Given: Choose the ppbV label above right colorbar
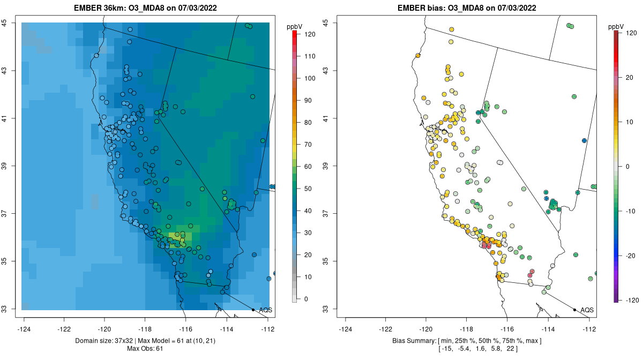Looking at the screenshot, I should tap(617, 26).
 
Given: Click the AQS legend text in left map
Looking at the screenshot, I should tap(265, 310).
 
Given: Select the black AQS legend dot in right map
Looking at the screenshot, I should tap(574, 310).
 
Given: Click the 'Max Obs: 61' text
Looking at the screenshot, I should tap(145, 349).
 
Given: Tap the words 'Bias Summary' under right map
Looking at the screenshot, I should tap(412, 341).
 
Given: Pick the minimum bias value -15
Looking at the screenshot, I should tap(445, 349).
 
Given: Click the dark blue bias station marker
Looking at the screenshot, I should tap(584, 140).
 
